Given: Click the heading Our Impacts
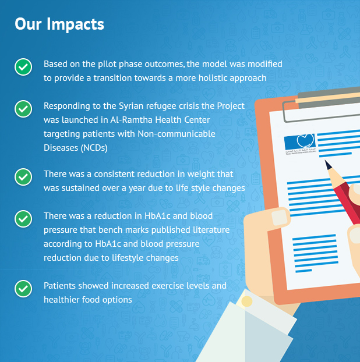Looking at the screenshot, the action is tap(59, 24).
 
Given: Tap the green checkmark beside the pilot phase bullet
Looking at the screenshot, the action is tap(23, 67).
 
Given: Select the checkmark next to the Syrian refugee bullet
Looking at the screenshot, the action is tap(23, 109).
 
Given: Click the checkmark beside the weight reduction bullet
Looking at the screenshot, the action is tap(23, 177).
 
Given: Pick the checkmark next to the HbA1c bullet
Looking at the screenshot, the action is tap(23, 219).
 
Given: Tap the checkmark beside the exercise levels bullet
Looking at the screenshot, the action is tap(23, 289).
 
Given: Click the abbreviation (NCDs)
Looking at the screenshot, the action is tap(94, 148).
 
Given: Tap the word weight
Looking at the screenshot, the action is tap(197, 174).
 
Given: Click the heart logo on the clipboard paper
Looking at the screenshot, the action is tap(306, 140).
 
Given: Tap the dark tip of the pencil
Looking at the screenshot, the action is tap(328, 165).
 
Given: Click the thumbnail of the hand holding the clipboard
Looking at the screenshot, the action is tap(280, 218).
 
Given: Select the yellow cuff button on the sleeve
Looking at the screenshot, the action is tap(246, 301).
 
